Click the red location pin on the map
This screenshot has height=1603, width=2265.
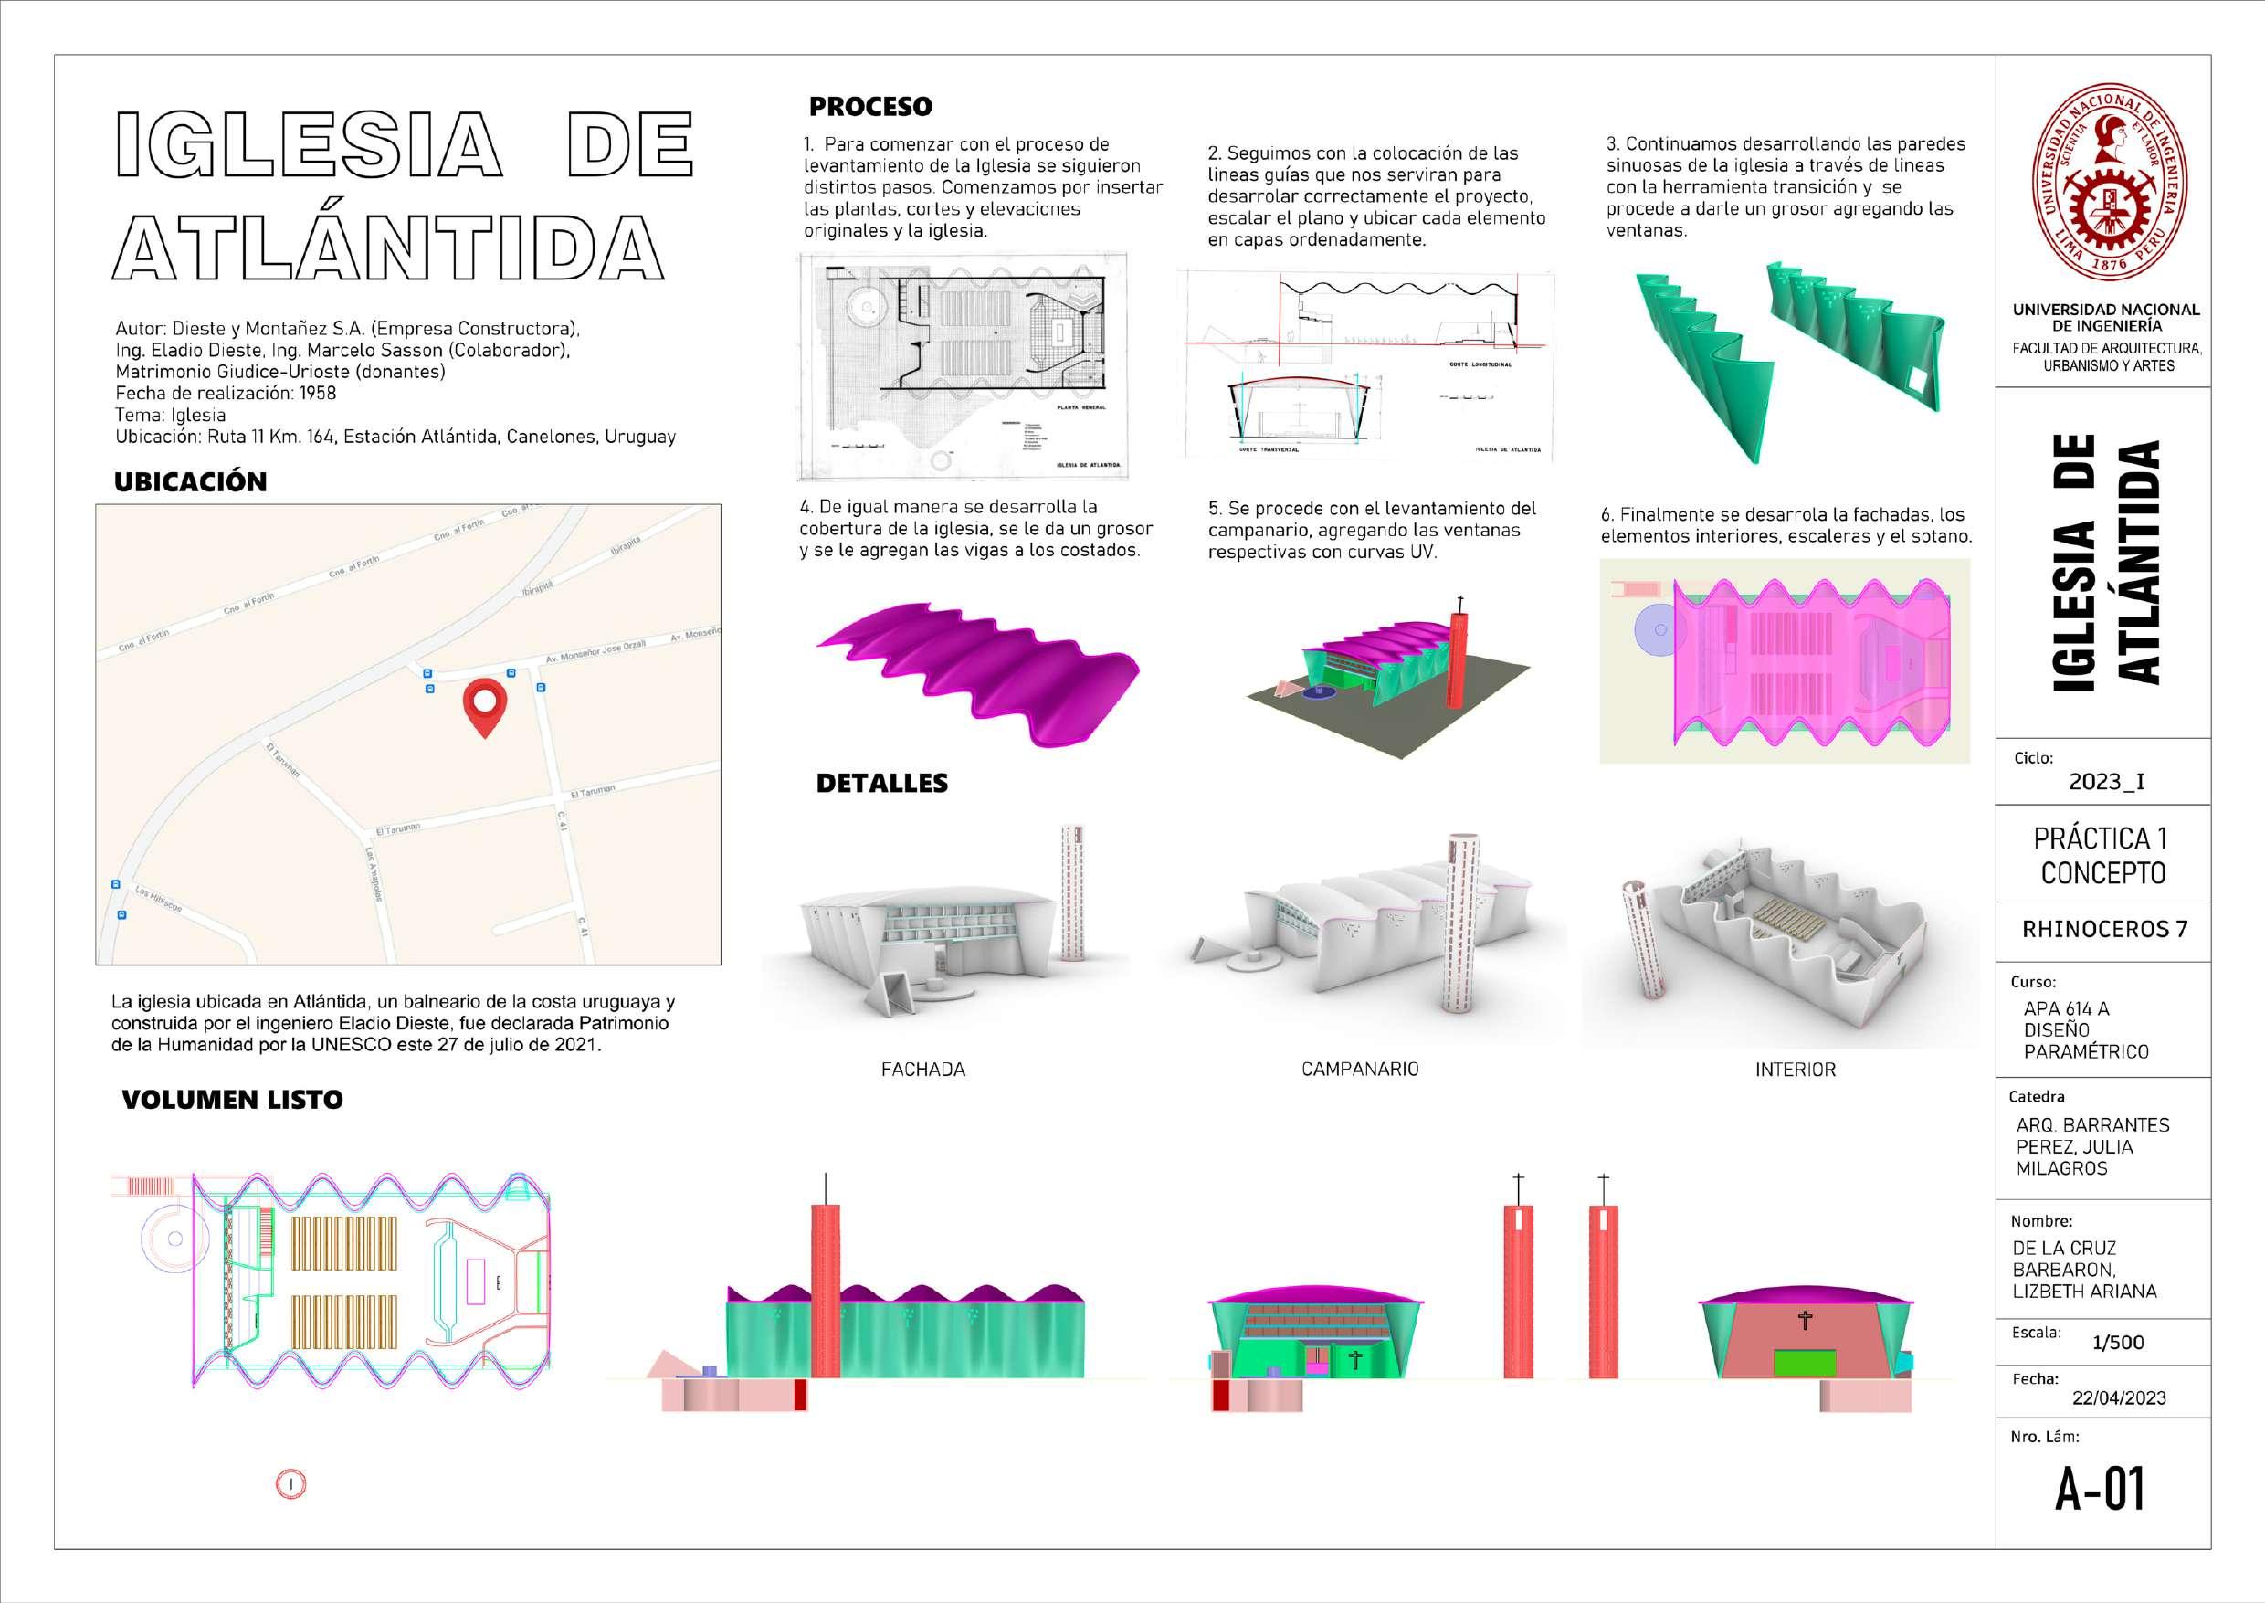tap(485, 706)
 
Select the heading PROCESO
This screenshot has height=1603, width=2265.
tap(869, 107)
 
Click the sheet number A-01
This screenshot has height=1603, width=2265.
tap(2101, 1490)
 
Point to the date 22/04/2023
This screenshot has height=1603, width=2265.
tap(2119, 1397)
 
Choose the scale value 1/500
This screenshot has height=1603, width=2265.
tap(2118, 1343)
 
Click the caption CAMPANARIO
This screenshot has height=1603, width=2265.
tap(1359, 1069)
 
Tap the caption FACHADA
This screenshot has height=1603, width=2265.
tap(922, 1069)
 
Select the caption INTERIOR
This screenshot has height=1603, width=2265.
tap(1796, 1070)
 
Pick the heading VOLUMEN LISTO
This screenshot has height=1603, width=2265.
tap(232, 1100)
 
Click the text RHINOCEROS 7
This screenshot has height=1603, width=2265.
tap(2104, 930)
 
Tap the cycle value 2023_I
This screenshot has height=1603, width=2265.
tap(2106, 782)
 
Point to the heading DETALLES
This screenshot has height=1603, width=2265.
tap(881, 784)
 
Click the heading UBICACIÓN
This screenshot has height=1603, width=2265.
tap(191, 482)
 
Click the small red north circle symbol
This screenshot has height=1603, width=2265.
tap(291, 1483)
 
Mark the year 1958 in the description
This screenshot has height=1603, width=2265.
tap(318, 393)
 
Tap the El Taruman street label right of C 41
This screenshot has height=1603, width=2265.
tap(592, 792)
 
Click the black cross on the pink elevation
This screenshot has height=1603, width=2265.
tap(1805, 1320)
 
